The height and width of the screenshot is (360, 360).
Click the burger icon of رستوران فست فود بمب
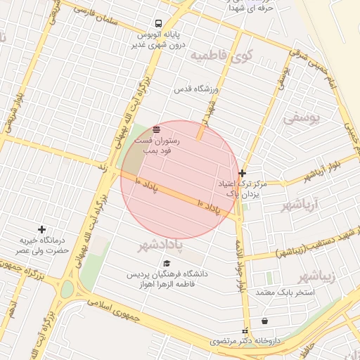point(156,129)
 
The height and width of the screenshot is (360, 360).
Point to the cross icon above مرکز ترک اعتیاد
point(243,173)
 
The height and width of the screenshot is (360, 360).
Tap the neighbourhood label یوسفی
point(302,120)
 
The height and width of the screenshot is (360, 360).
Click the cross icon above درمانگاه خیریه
point(41,229)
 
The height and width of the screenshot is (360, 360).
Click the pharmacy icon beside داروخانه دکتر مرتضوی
point(245,331)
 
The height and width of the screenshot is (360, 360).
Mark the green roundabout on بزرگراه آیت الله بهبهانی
point(67,289)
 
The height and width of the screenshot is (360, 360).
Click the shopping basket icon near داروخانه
point(264,321)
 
